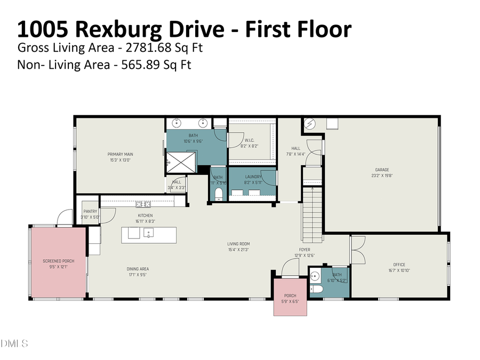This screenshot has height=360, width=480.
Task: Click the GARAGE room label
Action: tap(382, 170)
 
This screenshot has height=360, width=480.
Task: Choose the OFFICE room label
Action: tap(399, 265)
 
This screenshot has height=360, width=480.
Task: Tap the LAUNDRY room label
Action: tap(253, 177)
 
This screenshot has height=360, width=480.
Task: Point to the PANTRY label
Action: tap(90, 212)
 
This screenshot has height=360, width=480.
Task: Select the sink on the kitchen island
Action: tap(148, 233)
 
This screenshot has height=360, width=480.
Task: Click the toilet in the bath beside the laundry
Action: tap(218, 193)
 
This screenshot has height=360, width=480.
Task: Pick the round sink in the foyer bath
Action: tap(315, 276)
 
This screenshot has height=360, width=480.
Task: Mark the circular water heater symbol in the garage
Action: tap(310, 124)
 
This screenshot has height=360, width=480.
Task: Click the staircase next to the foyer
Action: tap(313, 213)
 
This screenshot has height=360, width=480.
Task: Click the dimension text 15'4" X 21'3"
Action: tap(239, 250)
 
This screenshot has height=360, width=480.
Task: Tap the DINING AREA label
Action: tap(138, 269)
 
